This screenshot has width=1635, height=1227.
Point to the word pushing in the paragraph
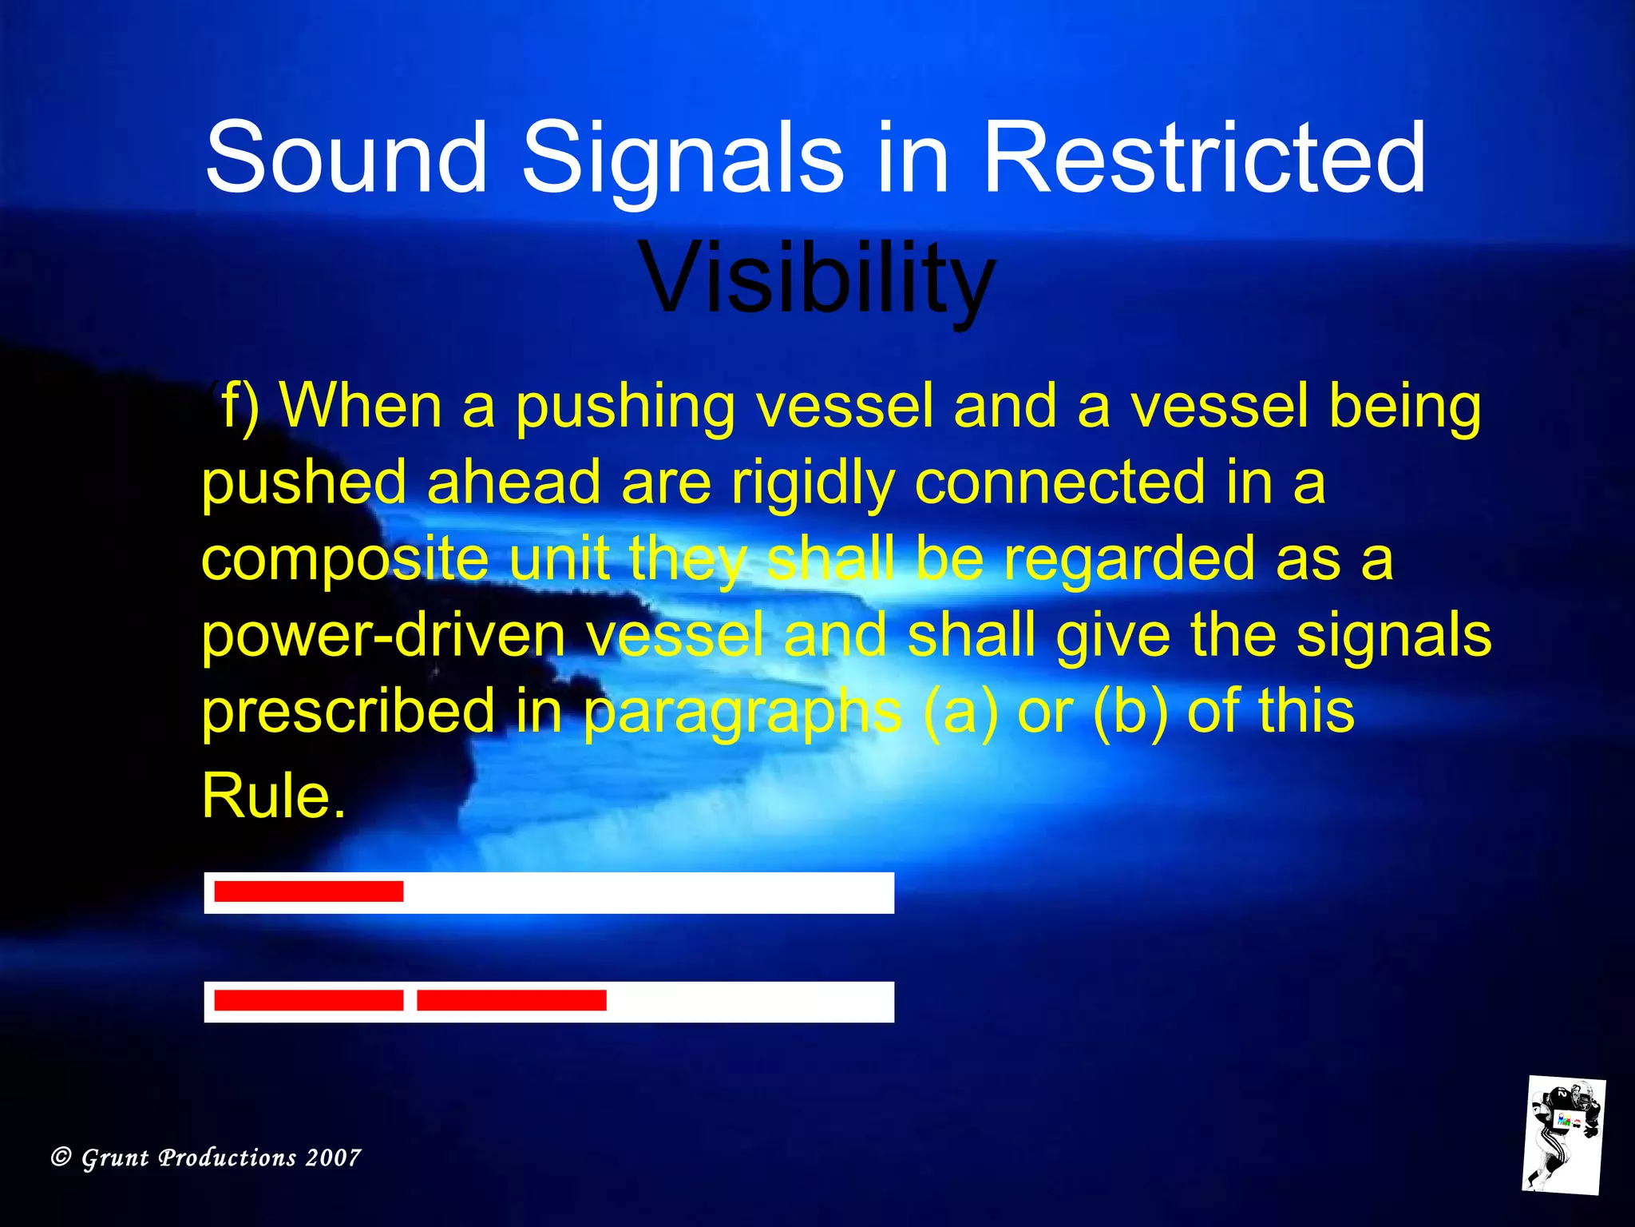tap(624, 407)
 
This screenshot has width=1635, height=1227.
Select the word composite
tap(345, 559)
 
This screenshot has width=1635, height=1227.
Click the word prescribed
tap(348, 711)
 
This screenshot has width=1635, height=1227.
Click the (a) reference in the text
tap(960, 711)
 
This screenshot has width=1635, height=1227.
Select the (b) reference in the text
tap(1130, 711)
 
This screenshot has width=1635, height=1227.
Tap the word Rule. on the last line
tap(274, 796)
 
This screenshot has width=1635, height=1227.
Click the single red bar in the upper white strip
tap(308, 891)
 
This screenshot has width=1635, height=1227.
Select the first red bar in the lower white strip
tap(308, 1000)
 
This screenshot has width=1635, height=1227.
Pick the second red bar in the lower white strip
tap(511, 1000)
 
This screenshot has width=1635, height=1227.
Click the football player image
tap(1562, 1134)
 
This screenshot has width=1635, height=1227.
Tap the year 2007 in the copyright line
tap(333, 1158)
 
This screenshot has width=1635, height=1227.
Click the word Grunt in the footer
tap(115, 1158)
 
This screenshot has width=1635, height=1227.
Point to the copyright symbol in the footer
tap(61, 1157)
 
